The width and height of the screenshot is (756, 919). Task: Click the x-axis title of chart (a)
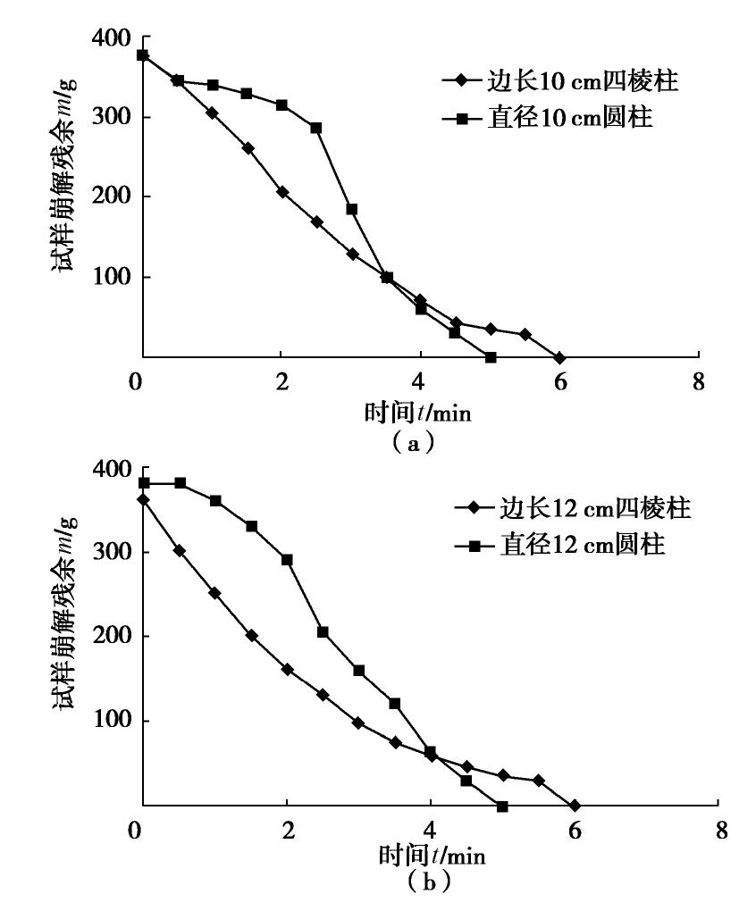(417, 414)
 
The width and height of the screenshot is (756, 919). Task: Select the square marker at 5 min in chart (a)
(491, 357)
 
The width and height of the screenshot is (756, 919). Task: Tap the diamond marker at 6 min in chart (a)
(559, 357)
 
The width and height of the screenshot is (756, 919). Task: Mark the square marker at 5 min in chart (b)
(502, 806)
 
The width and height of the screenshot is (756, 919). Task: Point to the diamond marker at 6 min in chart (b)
(574, 805)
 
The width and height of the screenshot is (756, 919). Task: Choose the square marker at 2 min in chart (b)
(287, 560)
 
